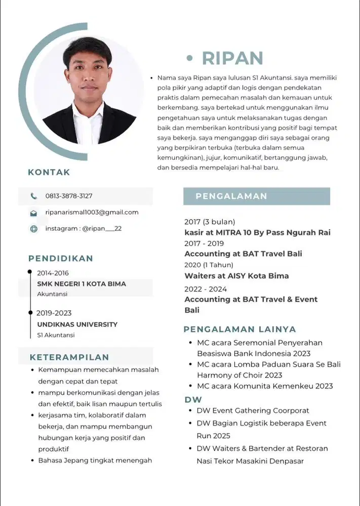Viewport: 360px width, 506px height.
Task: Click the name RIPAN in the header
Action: [x=232, y=58]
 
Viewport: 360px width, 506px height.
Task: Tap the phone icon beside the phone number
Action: [x=34, y=196]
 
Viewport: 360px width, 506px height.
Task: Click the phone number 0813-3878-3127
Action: [x=69, y=196]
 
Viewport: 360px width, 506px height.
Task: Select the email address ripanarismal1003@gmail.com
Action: [x=92, y=212]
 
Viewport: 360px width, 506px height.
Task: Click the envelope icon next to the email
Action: [x=34, y=213]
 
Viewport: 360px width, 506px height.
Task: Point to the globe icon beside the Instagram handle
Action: [x=34, y=229]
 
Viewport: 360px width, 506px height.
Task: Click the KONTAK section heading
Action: [x=49, y=172]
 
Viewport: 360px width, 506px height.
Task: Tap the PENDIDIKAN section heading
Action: [x=61, y=259]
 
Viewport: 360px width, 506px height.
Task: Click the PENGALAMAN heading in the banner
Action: [x=231, y=196]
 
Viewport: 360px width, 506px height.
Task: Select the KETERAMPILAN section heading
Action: [x=69, y=357]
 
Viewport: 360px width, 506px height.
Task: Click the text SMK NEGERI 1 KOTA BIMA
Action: [x=82, y=284]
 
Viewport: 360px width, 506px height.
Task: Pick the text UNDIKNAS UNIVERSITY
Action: [x=77, y=324]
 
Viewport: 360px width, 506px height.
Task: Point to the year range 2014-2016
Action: [x=53, y=273]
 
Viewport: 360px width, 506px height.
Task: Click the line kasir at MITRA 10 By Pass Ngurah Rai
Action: [x=257, y=233]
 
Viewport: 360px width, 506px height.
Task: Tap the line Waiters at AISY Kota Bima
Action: [x=236, y=276]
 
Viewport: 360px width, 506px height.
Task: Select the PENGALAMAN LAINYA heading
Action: [x=239, y=329]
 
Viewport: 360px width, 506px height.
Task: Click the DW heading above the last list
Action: [x=193, y=400]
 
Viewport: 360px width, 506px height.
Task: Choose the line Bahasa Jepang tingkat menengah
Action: [x=95, y=460]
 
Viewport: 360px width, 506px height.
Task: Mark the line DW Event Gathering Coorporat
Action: [x=253, y=411]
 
